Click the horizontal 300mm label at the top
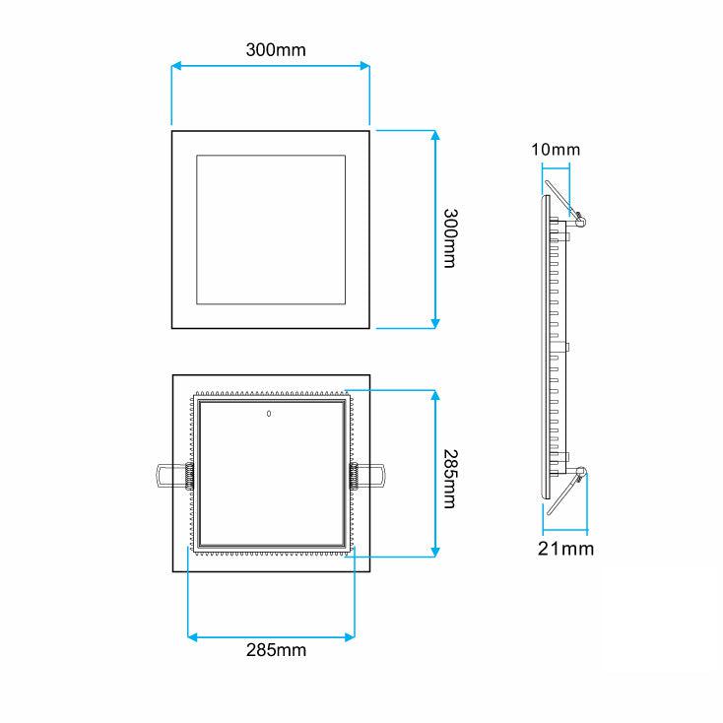[x=276, y=50]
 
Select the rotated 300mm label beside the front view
[x=450, y=238]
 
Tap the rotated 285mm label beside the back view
[x=450, y=479]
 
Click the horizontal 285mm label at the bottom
[x=276, y=650]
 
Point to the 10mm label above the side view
[x=556, y=150]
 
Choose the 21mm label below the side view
[x=565, y=549]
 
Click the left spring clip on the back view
[x=175, y=476]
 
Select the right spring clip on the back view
[x=367, y=476]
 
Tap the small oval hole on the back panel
[x=269, y=414]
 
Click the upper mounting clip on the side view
[x=565, y=204]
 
